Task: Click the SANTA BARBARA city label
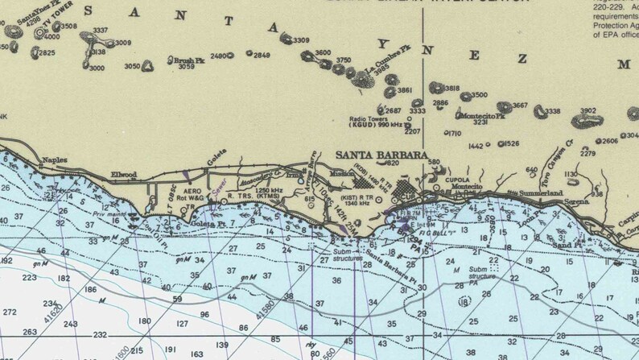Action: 381,155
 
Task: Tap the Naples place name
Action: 55,159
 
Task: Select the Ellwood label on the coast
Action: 124,174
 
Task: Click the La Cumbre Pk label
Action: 389,62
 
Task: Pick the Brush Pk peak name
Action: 190,60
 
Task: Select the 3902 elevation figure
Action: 588,111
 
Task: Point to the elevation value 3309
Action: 301,40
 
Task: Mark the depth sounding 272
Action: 10,312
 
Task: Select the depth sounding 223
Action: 30,277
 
